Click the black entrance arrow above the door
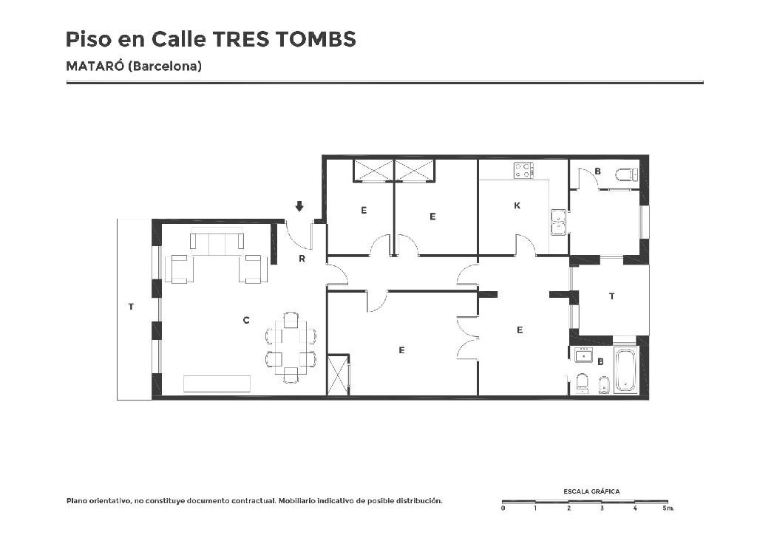(x=299, y=206)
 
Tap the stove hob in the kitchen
(x=523, y=170)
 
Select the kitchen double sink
(x=559, y=222)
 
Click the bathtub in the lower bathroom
(x=626, y=370)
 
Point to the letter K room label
(x=517, y=205)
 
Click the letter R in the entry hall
(x=302, y=259)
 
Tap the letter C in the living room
(x=245, y=320)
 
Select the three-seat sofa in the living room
(x=217, y=241)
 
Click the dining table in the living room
(x=291, y=347)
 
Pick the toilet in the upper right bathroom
(x=627, y=174)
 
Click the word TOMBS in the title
(x=316, y=40)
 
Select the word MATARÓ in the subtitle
(x=95, y=66)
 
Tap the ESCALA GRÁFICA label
(x=591, y=491)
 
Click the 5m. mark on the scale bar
(x=668, y=508)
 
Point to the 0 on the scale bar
(x=503, y=508)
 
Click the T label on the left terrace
(x=131, y=307)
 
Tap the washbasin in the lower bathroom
(x=584, y=355)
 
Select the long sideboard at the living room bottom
(x=217, y=384)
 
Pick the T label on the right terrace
(x=611, y=296)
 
